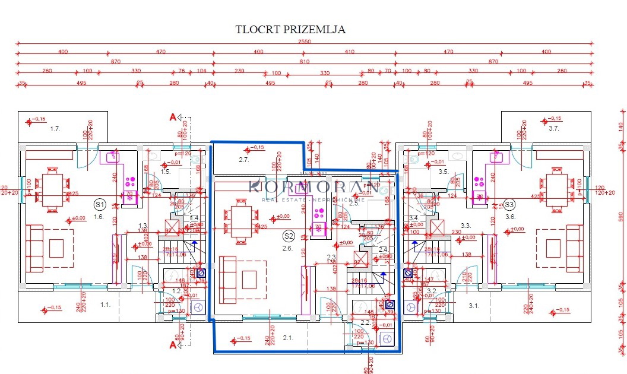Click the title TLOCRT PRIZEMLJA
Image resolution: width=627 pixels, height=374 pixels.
point(290,29)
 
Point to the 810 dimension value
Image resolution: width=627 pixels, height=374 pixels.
point(305,61)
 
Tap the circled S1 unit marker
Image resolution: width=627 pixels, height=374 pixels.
point(99,204)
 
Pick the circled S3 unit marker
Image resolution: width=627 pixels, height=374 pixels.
point(510,204)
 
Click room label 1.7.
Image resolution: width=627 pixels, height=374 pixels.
point(56,129)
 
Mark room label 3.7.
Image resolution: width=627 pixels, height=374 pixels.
point(553,129)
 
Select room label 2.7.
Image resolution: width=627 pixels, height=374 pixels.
point(243,159)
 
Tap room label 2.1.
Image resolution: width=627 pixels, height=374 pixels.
point(288,338)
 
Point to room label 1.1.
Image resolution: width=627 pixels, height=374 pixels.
point(105,305)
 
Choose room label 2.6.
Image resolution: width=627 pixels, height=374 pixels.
point(288,248)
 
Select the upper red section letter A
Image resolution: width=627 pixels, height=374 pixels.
point(173,118)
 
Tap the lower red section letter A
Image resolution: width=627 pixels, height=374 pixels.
point(173,344)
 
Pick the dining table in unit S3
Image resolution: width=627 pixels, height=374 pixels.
point(558,189)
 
